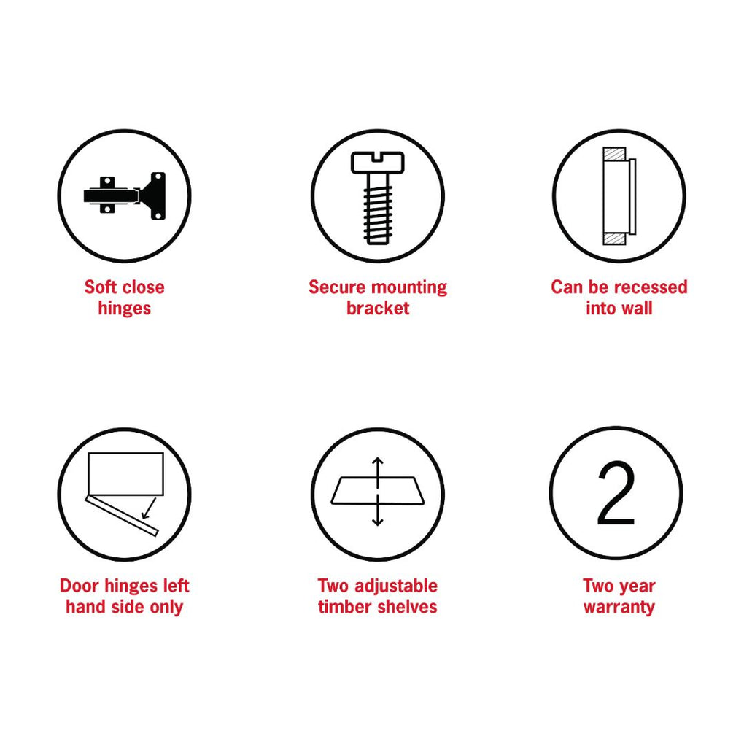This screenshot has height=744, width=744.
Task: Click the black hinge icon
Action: coord(124,195)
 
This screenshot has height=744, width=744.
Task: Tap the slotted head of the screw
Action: coord(378,162)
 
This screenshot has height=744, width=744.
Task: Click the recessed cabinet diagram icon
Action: coord(619,196)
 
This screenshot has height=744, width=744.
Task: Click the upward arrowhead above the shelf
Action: coord(378,461)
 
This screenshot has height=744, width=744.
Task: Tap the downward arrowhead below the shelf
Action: coord(378,522)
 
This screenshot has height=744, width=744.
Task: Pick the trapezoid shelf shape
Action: coord(378,490)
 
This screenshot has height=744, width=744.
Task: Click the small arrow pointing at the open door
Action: coord(149,508)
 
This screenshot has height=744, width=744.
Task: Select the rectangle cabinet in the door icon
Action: coord(125,474)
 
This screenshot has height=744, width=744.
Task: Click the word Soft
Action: coord(101,287)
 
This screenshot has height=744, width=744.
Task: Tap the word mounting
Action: coord(409,287)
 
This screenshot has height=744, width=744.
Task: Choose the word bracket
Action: coord(378,308)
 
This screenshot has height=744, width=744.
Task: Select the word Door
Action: coord(80,586)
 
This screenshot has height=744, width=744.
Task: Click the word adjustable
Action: coord(396,586)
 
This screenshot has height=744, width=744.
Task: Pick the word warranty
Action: coord(619,607)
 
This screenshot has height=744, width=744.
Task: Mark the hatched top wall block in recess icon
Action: coord(614,154)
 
